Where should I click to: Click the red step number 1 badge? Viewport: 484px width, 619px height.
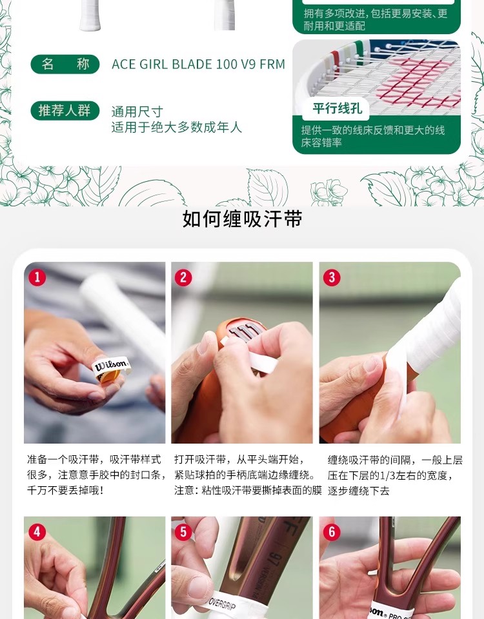(37, 277)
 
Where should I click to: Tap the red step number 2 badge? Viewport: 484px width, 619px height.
(183, 277)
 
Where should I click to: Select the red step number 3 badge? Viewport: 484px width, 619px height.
(332, 277)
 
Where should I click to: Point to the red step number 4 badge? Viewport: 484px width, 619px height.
(37, 532)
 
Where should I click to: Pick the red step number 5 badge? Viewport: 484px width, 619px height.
(183, 532)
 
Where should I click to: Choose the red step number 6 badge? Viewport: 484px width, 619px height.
(332, 532)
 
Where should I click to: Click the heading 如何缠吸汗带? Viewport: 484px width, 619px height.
(242, 219)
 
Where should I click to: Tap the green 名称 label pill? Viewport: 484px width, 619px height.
(65, 64)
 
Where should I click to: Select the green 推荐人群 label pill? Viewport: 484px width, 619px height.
(65, 110)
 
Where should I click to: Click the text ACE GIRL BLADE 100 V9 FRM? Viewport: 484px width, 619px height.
(198, 64)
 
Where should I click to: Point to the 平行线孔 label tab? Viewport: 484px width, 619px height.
(338, 108)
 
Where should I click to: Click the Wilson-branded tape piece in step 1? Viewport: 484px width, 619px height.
(110, 368)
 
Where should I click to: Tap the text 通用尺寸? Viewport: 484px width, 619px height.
(137, 112)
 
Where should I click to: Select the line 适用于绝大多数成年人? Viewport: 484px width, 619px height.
(176, 127)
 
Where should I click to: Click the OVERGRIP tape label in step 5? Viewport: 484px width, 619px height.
(221, 605)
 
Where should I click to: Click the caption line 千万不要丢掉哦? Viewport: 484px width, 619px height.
(65, 490)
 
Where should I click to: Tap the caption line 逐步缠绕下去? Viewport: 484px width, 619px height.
(358, 491)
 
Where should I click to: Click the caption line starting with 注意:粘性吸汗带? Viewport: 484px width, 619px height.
(248, 490)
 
